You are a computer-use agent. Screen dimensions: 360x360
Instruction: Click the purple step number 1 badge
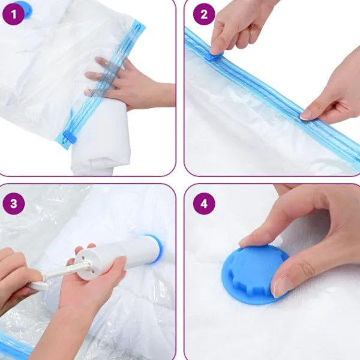point(13,14)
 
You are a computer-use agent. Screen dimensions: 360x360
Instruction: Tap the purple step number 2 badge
point(204,14)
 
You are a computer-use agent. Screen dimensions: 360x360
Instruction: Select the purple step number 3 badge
point(13,203)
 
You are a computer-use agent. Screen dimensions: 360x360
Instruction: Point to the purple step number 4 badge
point(204,203)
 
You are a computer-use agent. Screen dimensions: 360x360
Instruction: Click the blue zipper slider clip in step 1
point(70,137)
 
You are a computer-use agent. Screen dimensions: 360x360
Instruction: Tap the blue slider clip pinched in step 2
point(215,56)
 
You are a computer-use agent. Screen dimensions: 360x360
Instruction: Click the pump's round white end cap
point(86,264)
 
